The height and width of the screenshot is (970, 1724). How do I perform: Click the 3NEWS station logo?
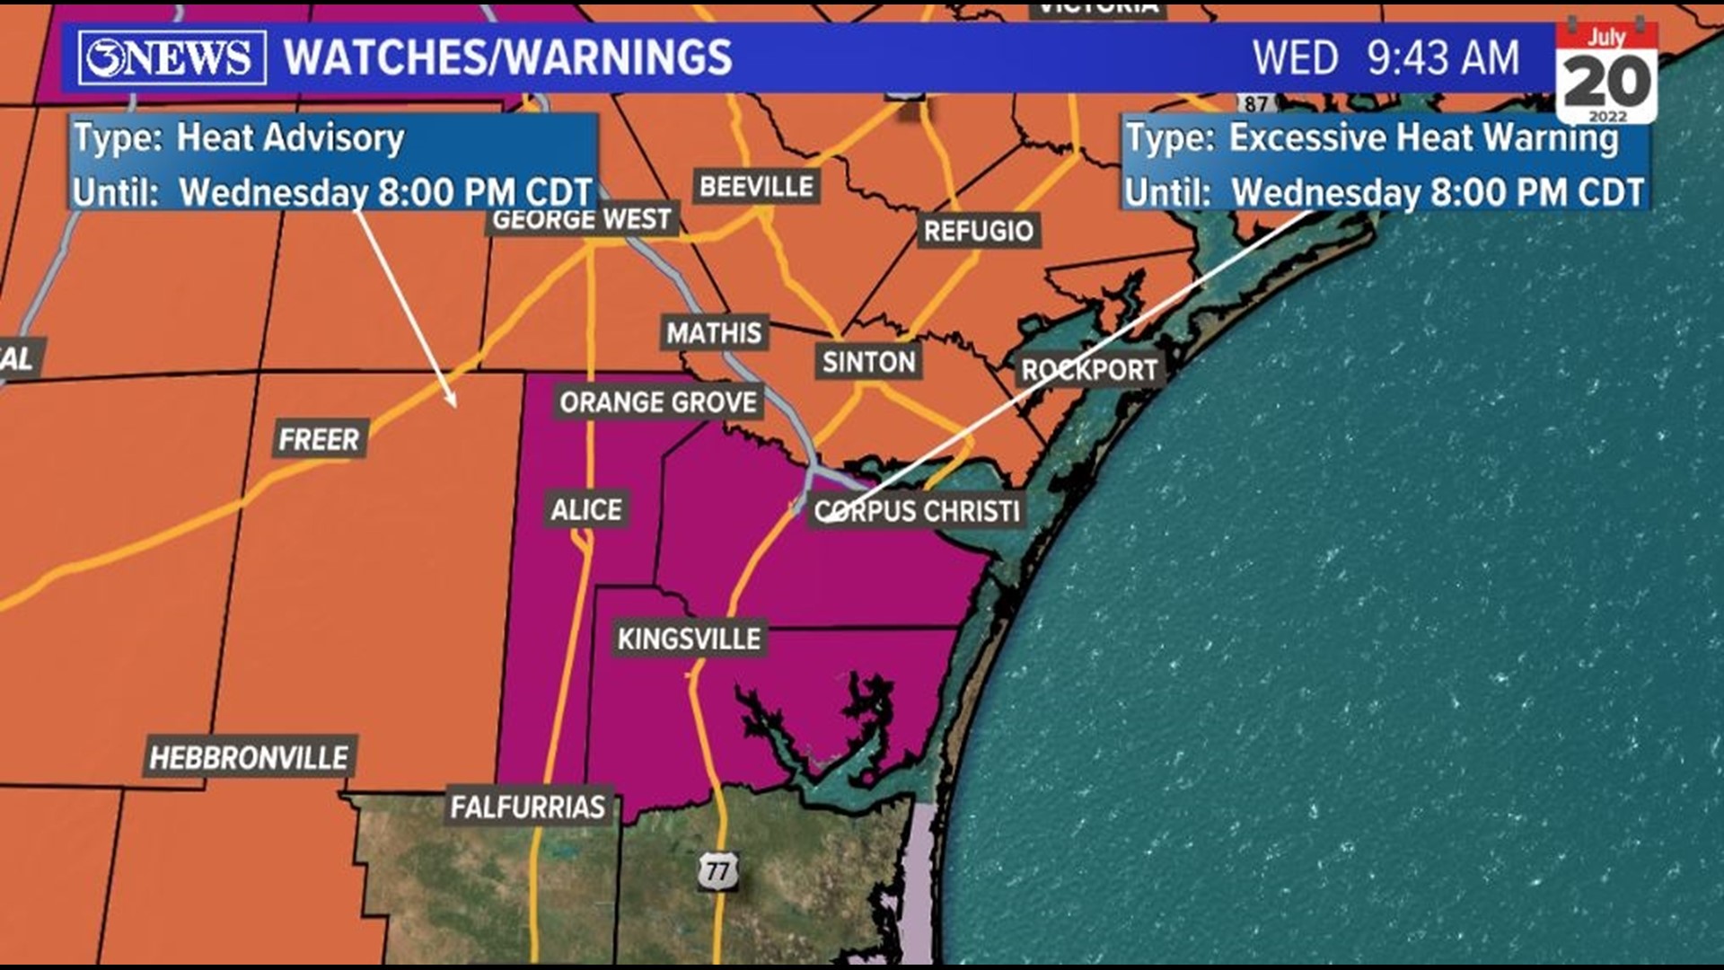(x=172, y=57)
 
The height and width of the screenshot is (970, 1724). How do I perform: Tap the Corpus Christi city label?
(x=916, y=511)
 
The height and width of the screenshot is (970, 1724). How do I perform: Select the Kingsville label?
(x=689, y=639)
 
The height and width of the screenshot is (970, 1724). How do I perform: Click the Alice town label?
(x=585, y=509)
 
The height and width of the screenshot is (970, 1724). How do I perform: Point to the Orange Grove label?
(x=658, y=401)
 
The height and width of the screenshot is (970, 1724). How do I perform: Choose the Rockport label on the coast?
(x=1088, y=369)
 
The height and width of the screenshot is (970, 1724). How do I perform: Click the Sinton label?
(x=868, y=361)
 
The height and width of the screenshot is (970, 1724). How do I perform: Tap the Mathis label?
(x=714, y=332)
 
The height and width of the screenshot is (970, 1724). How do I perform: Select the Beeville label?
(x=756, y=186)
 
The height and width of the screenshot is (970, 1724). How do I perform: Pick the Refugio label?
(x=978, y=231)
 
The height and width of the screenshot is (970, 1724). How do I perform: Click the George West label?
(x=582, y=219)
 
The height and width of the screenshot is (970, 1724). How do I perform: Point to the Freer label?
(x=319, y=439)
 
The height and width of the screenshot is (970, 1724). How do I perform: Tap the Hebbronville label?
(x=249, y=757)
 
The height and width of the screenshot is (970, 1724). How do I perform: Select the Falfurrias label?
(x=528, y=807)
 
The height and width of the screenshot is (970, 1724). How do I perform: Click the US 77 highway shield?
(x=717, y=870)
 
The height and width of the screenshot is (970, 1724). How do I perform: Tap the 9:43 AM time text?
(x=1443, y=57)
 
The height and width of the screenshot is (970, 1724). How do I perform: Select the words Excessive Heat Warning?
(x=1423, y=137)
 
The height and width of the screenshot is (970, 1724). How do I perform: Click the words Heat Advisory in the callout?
(x=290, y=137)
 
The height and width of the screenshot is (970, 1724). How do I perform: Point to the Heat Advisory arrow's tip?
(x=455, y=406)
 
